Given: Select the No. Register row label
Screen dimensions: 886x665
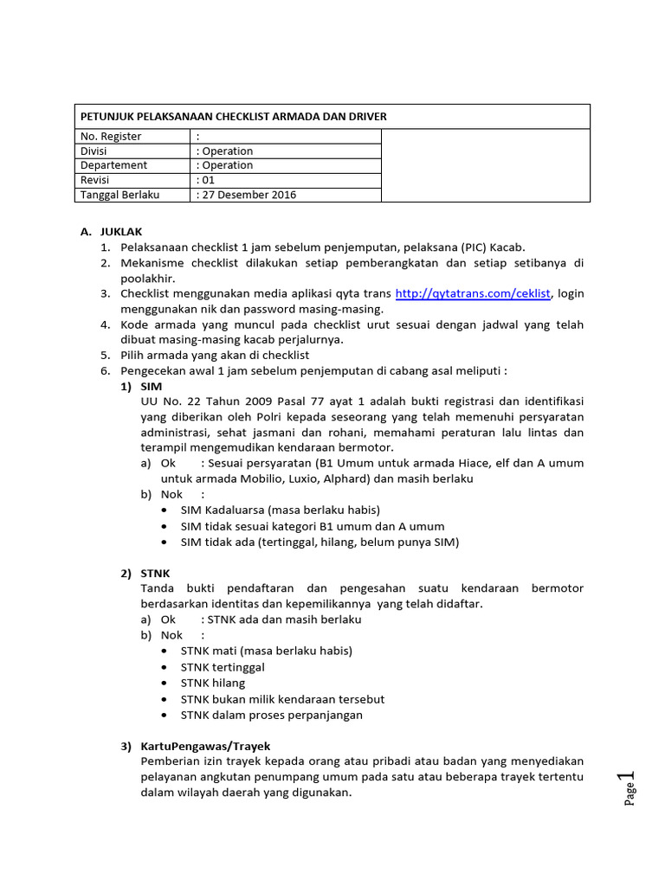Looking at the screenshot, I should pos(111,137).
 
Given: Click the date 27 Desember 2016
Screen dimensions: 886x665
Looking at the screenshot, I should pos(248,195).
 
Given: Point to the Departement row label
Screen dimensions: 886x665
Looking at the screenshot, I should pos(113,165).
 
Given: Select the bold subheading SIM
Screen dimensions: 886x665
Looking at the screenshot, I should pos(151,386).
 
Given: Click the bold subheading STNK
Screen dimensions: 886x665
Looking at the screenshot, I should pos(155,573).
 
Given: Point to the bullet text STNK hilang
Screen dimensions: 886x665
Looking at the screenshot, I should pos(213,683).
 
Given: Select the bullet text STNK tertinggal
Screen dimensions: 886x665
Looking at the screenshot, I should pos(223,667).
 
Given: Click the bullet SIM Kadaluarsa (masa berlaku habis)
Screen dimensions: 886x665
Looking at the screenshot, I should pos(280,510).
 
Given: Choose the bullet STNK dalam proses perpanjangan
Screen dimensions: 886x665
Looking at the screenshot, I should pos(272,715).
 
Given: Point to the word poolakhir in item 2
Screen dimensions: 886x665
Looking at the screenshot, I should pos(148,278).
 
